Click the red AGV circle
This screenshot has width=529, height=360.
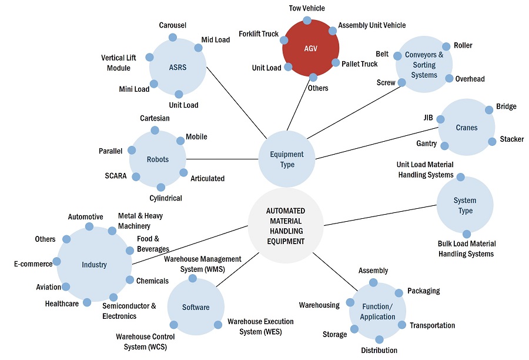[310, 48]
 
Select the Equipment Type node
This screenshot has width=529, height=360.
[287, 159]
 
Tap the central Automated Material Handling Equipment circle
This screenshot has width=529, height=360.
[285, 226]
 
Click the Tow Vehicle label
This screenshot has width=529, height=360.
[307, 8]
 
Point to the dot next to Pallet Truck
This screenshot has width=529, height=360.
[336, 62]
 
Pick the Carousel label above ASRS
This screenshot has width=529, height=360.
[172, 25]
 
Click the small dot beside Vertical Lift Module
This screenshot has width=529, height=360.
[149, 58]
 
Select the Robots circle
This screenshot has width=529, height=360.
[158, 159]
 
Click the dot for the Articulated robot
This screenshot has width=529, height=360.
[183, 173]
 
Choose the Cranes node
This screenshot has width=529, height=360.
[467, 128]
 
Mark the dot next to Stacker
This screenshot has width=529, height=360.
[492, 141]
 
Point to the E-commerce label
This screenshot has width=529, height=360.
[34, 264]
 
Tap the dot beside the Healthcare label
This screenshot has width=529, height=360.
[87, 302]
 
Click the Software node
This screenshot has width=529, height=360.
[196, 308]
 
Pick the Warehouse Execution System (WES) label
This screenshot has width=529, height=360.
[260, 326]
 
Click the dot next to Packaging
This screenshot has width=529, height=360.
[398, 293]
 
